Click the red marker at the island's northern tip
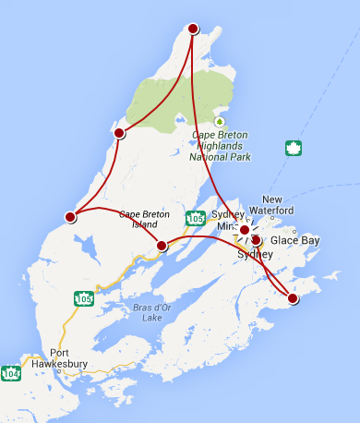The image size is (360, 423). pyautogui.click(x=193, y=30)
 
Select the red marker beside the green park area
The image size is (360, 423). pyautogui.click(x=119, y=133)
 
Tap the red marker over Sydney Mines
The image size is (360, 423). pyautogui.click(x=244, y=230)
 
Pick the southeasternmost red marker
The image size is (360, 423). pyautogui.click(x=293, y=298)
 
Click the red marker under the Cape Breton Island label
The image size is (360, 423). pyautogui.click(x=162, y=246)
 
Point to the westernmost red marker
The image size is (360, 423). pyautogui.click(x=70, y=217)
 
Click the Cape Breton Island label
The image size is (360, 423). pyautogui.click(x=138, y=219)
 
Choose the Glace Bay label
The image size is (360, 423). pyautogui.click(x=294, y=240)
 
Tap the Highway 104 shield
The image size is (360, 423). pyautogui.click(x=11, y=373)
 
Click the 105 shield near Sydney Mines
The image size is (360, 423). pyautogui.click(x=194, y=219)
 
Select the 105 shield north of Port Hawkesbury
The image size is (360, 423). pyautogui.click(x=84, y=298)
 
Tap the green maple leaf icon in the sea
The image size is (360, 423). pyautogui.click(x=294, y=148)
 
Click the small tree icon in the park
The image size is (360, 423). pyautogui.click(x=220, y=121)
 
